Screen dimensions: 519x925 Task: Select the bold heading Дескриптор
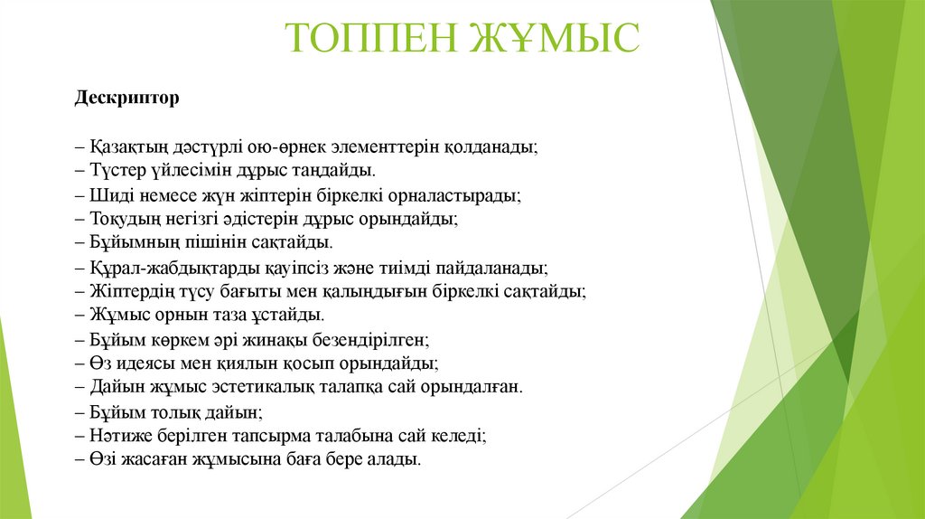point(126,97)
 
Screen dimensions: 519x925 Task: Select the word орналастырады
point(456,194)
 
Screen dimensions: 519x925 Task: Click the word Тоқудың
point(123,218)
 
